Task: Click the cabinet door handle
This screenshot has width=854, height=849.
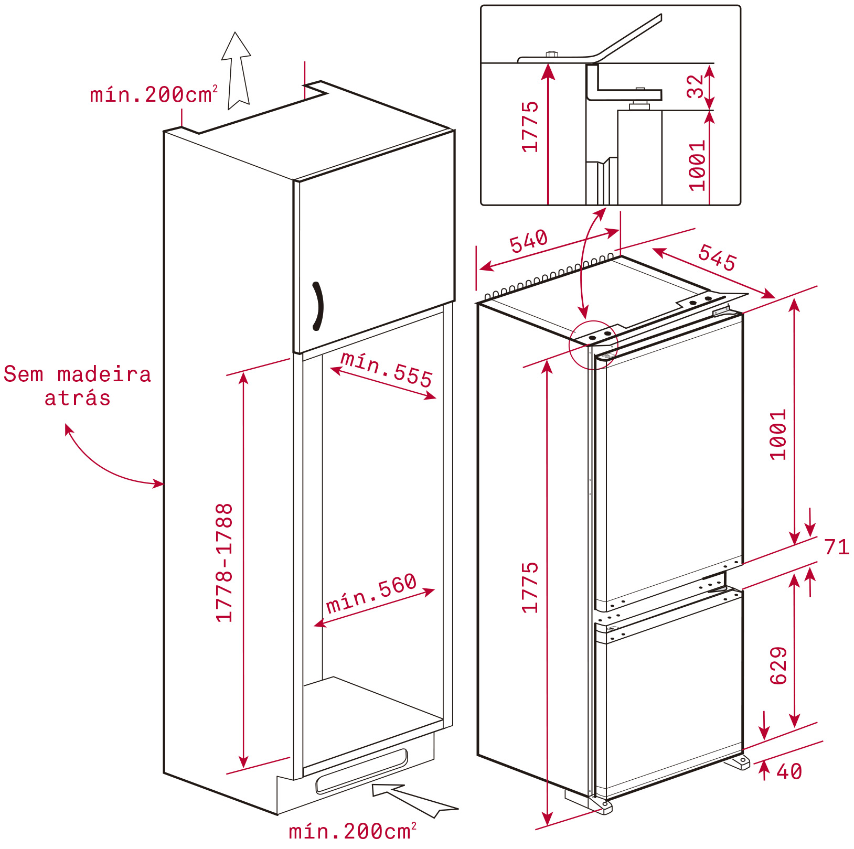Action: pyautogui.click(x=319, y=307)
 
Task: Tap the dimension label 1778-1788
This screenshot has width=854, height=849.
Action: pyautogui.click(x=225, y=563)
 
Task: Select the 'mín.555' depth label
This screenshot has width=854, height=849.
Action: pyautogui.click(x=387, y=369)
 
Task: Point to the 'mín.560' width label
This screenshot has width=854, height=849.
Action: pyautogui.click(x=371, y=593)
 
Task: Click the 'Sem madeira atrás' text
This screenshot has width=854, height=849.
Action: pyautogui.click(x=78, y=386)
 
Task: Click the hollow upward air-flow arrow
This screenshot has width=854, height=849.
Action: pyautogui.click(x=237, y=71)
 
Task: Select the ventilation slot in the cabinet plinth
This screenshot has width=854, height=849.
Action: pyautogui.click(x=361, y=771)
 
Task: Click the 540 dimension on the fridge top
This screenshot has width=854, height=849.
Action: pyautogui.click(x=529, y=241)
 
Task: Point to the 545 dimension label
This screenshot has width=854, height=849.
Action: pyautogui.click(x=717, y=257)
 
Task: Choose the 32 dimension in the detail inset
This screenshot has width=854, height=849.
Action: pyautogui.click(x=695, y=87)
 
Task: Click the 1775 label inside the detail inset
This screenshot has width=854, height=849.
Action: pyautogui.click(x=530, y=127)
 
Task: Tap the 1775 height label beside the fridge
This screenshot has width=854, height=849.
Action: pyautogui.click(x=530, y=587)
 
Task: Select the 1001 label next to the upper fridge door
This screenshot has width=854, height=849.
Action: pyautogui.click(x=778, y=434)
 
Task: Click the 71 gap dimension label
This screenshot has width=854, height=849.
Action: pyautogui.click(x=837, y=547)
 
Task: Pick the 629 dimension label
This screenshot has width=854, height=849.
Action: pyautogui.click(x=778, y=665)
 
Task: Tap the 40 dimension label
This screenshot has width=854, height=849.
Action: pyautogui.click(x=789, y=771)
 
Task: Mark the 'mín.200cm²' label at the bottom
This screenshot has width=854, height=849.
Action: pyautogui.click(x=353, y=831)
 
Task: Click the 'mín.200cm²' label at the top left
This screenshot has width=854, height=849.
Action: pyautogui.click(x=154, y=94)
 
